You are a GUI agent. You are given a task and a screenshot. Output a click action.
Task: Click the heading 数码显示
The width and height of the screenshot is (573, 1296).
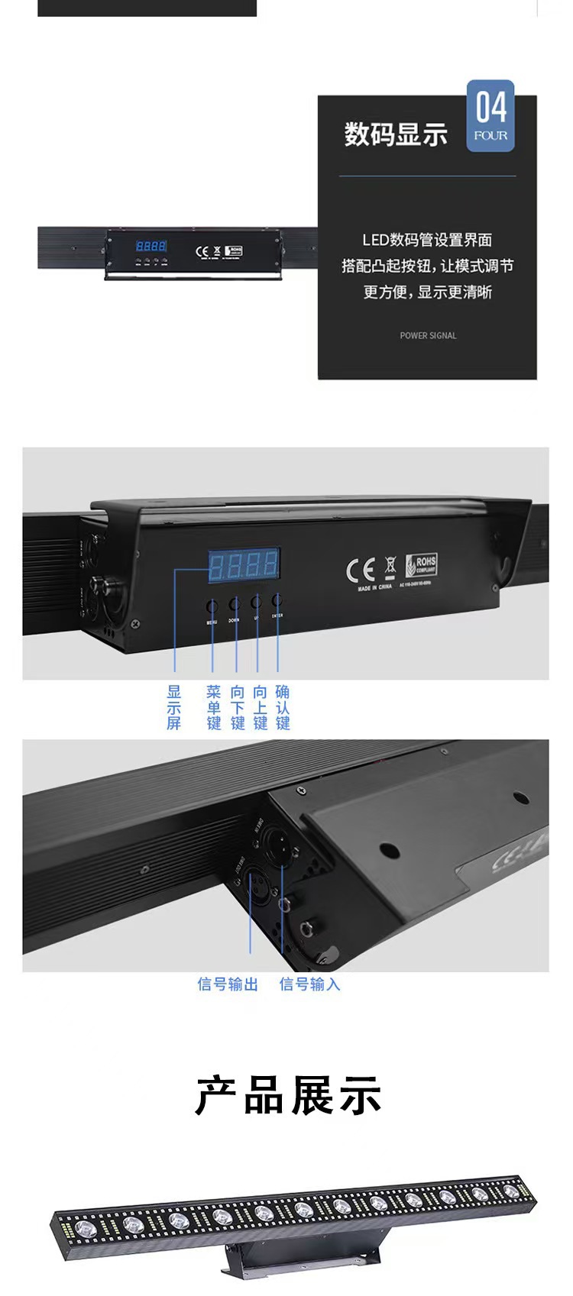coord(395,134)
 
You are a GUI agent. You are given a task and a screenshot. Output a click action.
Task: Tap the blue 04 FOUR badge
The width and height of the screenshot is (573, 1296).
coord(490,115)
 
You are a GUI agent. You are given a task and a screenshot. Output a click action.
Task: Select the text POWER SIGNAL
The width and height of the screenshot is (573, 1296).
coord(428,335)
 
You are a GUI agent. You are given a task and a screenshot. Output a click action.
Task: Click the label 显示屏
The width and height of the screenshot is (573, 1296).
coord(174,707)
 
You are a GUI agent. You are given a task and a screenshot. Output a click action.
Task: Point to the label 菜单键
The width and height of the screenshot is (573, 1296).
coord(214,707)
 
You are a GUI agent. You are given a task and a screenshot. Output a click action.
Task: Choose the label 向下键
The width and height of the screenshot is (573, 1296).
coord(238,707)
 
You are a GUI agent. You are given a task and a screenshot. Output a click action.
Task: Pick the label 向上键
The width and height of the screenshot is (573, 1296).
coord(261,707)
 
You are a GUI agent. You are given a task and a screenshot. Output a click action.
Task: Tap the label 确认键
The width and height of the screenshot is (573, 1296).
coord(283,707)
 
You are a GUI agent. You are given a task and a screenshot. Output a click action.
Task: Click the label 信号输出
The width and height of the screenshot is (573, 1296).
coord(228,984)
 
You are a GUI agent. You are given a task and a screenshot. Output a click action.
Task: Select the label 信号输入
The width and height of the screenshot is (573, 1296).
coord(309,984)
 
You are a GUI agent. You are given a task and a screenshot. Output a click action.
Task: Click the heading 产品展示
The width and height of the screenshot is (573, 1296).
coord(287,1096)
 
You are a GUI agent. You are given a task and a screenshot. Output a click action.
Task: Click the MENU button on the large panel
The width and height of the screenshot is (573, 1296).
coord(212,606)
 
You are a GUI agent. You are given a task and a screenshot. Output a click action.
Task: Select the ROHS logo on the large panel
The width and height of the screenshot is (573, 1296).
coord(421,565)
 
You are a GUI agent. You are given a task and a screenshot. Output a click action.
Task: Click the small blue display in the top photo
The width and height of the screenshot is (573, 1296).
coord(151,246)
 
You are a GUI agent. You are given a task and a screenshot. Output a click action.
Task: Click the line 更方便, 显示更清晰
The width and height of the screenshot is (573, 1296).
coord(427,292)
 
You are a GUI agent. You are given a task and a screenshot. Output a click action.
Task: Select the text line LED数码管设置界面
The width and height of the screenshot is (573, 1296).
coord(427,240)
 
